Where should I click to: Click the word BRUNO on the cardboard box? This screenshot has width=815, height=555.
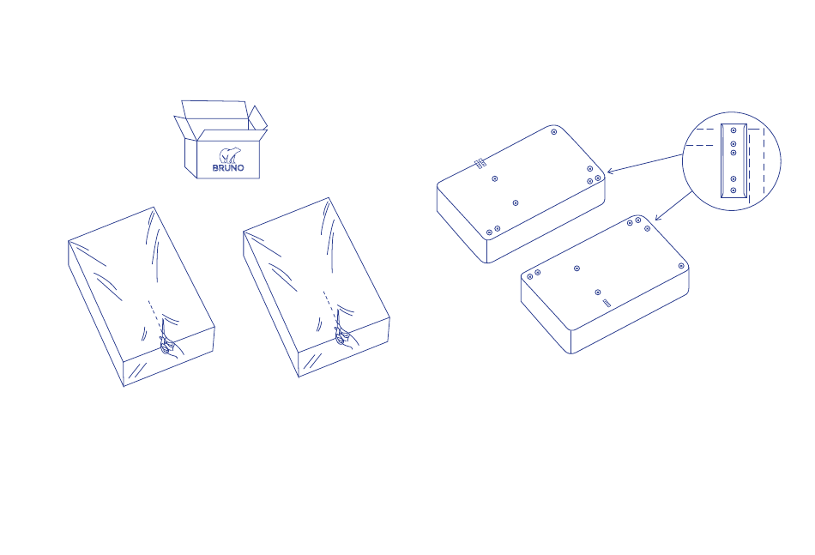click(x=228, y=168)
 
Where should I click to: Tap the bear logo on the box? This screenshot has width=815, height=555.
click(x=229, y=155)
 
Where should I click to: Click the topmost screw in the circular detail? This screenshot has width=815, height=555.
click(x=733, y=130)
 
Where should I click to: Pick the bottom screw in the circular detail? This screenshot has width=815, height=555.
click(x=733, y=190)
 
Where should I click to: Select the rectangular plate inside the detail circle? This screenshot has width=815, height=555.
click(x=733, y=160)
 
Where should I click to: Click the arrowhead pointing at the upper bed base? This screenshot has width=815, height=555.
click(x=610, y=171)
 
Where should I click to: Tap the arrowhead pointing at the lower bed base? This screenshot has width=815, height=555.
click(x=657, y=218)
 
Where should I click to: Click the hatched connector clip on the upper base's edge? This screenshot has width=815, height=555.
click(x=480, y=164)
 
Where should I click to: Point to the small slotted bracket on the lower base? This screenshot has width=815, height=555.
click(x=607, y=303)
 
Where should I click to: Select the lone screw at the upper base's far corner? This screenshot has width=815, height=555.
click(x=554, y=132)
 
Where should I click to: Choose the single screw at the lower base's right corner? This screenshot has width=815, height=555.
click(x=681, y=266)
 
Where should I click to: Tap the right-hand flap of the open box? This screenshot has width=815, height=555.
click(x=258, y=118)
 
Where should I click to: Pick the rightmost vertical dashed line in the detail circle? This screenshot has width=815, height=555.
click(x=764, y=161)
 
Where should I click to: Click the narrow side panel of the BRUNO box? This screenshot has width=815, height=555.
click(x=190, y=158)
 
